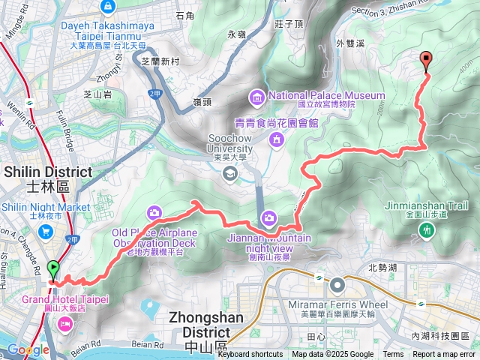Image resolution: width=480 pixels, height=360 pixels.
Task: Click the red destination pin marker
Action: [427, 61]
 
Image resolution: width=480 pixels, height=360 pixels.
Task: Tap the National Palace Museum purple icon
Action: [257, 96]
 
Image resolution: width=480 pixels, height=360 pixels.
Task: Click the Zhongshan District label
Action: [207, 317]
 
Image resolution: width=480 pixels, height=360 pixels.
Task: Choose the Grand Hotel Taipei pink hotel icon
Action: [64, 324]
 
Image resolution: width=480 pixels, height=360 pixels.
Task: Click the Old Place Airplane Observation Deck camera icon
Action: [154, 213]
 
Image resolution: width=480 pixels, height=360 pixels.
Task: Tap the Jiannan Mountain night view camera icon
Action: [268, 217]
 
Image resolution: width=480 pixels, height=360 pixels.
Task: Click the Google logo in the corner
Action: [28, 349]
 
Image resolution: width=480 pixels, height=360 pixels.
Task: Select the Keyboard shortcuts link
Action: [250, 355]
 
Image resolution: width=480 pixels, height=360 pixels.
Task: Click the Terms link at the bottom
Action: [393, 355]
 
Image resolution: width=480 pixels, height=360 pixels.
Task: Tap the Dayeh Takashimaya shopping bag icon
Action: [109, 7]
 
